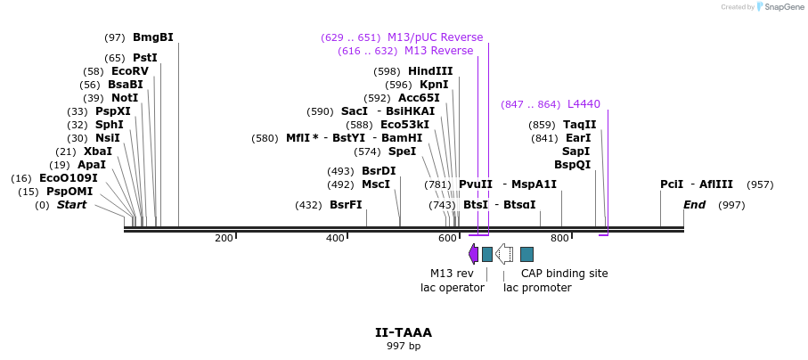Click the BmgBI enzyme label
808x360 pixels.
point(152,37)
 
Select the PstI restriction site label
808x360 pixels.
point(144,58)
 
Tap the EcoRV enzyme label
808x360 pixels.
point(129,71)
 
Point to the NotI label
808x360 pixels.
point(124,98)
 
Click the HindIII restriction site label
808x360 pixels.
point(430,71)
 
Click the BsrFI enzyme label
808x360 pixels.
point(346,205)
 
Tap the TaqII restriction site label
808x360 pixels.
point(579,125)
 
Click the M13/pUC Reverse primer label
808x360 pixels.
point(435,37)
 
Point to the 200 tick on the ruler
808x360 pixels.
point(224,238)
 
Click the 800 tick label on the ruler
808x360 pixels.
point(559,238)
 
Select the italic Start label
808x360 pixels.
point(72,205)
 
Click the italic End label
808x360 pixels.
point(695,205)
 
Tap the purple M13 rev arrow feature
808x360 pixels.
point(473,254)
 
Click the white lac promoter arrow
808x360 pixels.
point(504,254)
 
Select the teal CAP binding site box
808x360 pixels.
point(526,254)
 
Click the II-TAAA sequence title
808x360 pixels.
point(403,332)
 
